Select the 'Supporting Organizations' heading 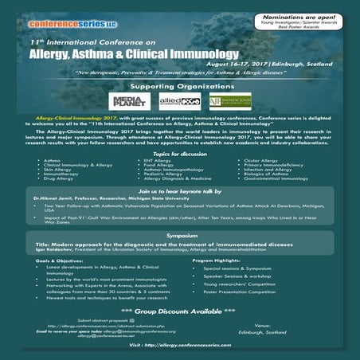180,86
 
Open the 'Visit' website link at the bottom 180,348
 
